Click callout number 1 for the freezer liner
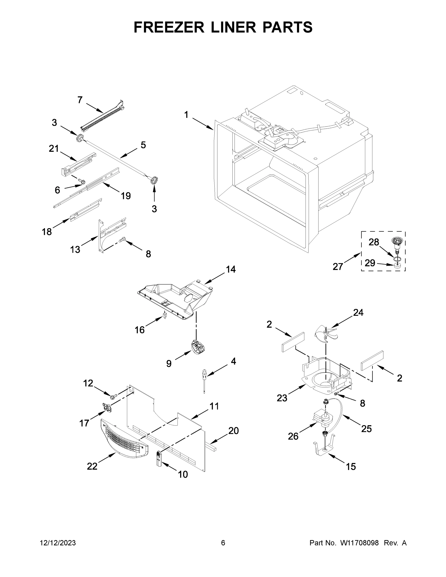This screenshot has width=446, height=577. pyautogui.click(x=186, y=115)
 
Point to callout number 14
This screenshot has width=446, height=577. pyautogui.click(x=230, y=269)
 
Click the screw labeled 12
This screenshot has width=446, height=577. pyautogui.click(x=114, y=396)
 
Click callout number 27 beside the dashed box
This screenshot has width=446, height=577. pyautogui.click(x=338, y=267)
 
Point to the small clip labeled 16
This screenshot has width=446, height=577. pyautogui.click(x=165, y=315)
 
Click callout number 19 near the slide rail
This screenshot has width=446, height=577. pyautogui.click(x=126, y=196)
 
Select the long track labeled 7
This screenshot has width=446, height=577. pyautogui.click(x=103, y=116)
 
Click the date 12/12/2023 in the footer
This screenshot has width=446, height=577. pyautogui.click(x=58, y=543)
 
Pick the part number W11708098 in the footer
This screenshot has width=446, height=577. pyautogui.click(x=359, y=543)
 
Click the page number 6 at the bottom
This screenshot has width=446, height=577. pyautogui.click(x=223, y=543)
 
